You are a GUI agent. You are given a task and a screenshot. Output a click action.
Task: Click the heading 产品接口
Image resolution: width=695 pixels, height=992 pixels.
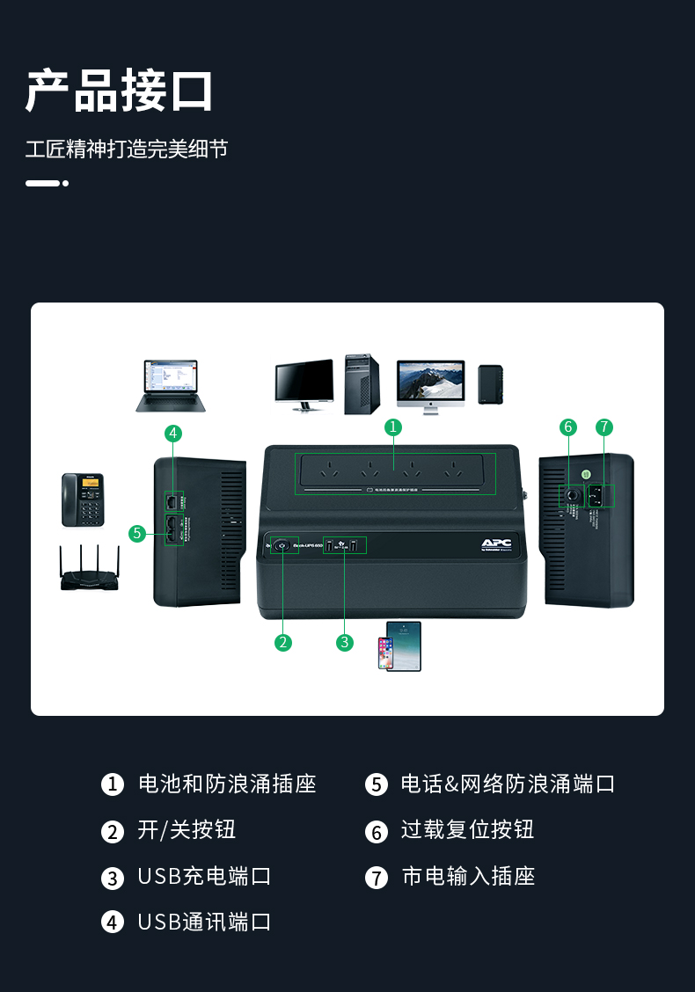point(120,91)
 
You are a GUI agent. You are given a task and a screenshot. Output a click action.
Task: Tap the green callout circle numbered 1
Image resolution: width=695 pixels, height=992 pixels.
point(393,427)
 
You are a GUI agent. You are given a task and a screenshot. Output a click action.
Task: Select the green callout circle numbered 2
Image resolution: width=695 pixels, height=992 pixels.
point(282,642)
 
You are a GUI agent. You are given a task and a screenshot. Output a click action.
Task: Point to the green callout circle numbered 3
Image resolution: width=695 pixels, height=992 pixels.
point(345,642)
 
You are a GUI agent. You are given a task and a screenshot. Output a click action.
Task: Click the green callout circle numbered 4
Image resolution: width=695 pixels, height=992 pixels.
point(173,433)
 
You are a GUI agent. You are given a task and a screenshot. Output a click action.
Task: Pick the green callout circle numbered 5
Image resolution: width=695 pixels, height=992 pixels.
point(136,533)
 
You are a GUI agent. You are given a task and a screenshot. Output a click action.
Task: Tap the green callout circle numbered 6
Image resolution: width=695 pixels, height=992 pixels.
point(568,427)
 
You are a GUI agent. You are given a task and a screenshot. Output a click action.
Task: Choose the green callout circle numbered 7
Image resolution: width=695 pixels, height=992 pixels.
point(604,427)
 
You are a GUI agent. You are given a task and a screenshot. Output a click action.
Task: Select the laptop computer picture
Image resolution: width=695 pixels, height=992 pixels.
point(171,385)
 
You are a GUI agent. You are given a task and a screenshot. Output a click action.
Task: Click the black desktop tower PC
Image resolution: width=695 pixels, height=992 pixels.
point(362,383)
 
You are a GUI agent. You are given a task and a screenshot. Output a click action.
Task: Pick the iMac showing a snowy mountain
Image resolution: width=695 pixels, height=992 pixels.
point(430,385)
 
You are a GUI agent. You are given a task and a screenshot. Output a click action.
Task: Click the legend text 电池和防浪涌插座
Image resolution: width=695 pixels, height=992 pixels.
point(227,784)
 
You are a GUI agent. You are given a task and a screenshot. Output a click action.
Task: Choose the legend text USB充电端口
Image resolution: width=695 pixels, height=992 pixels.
point(204,876)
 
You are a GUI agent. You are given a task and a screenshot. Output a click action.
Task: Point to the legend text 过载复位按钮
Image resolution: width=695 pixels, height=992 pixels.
point(467,830)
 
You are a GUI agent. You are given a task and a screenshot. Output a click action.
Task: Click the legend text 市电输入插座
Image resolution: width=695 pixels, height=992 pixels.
point(468,876)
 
